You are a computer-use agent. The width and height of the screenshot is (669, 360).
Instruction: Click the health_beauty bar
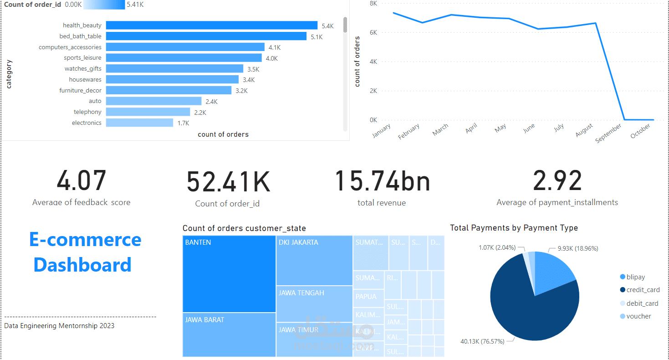pyautogui.click(x=211, y=26)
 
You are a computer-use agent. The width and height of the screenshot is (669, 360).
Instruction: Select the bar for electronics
pyautogui.click(x=139, y=123)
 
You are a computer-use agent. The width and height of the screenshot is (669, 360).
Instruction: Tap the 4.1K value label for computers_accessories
pyautogui.click(x=275, y=47)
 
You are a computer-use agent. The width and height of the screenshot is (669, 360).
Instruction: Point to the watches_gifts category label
pyautogui.click(x=83, y=68)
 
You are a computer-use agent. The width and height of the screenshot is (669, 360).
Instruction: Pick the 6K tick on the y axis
pyautogui.click(x=373, y=32)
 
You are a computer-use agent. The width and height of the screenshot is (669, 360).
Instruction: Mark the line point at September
pyautogui.click(x=624, y=120)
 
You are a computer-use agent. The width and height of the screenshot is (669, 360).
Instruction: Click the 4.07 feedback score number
pyautogui.click(x=81, y=180)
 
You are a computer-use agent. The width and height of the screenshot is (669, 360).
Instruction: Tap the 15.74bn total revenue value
pyautogui.click(x=382, y=181)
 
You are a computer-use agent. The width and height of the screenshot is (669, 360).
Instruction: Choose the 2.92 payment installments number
pyautogui.click(x=557, y=181)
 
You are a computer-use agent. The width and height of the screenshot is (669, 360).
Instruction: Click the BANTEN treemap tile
pyautogui.click(x=229, y=273)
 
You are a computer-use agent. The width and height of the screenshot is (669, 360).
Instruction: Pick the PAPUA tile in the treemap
pyautogui.click(x=368, y=297)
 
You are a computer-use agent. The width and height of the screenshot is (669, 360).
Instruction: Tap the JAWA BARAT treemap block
pyautogui.click(x=229, y=334)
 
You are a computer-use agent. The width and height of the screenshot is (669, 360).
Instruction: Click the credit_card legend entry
pyautogui.click(x=643, y=290)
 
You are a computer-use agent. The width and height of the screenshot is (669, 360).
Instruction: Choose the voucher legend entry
pyautogui.click(x=638, y=316)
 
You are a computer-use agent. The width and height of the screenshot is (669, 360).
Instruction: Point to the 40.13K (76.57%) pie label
pyautogui.click(x=482, y=341)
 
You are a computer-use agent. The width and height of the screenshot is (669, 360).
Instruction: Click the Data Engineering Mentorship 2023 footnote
pyautogui.click(x=59, y=326)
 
